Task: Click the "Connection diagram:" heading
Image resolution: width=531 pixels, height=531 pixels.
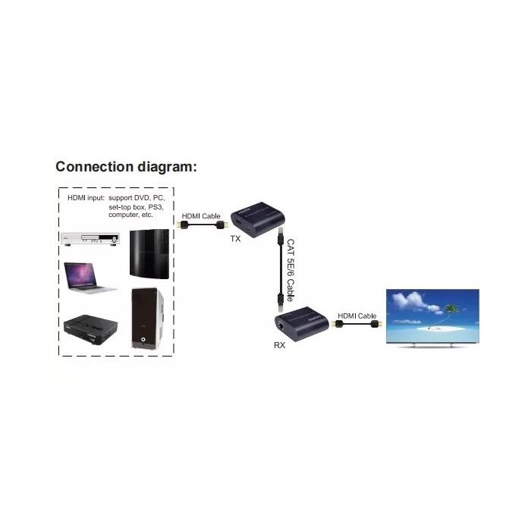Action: pyautogui.click(x=126, y=167)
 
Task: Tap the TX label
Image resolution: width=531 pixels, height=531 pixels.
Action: pyautogui.click(x=235, y=239)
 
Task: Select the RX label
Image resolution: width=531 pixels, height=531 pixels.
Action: pyautogui.click(x=279, y=345)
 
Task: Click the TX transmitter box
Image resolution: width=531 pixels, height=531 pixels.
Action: pyautogui.click(x=258, y=219)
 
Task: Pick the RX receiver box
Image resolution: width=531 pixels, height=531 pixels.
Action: pyautogui.click(x=301, y=324)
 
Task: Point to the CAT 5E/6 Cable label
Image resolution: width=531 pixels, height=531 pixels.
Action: pyautogui.click(x=291, y=270)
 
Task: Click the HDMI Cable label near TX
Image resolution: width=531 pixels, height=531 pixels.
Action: pyautogui.click(x=201, y=216)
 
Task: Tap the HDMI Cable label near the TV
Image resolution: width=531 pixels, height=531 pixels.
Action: pyautogui.click(x=357, y=316)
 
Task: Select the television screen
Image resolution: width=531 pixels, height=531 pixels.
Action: pyautogui.click(x=432, y=316)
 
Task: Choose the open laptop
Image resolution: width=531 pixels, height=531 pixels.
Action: pyautogui.click(x=89, y=278)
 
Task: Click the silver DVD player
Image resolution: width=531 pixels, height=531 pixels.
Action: pyautogui.click(x=90, y=238)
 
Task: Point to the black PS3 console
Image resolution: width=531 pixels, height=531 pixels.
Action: pyautogui.click(x=149, y=254)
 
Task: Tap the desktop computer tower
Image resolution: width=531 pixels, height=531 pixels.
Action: pyautogui.click(x=147, y=319)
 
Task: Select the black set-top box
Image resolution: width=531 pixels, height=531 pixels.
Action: pyautogui.click(x=91, y=329)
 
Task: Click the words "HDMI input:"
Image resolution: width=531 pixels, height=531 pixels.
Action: pyautogui.click(x=86, y=198)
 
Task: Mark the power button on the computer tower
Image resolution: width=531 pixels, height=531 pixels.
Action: pyautogui.click(x=143, y=339)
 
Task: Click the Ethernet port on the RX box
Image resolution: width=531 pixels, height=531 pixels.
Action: pyautogui.click(x=281, y=325)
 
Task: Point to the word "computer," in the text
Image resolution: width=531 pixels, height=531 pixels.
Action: pyautogui.click(x=123, y=215)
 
